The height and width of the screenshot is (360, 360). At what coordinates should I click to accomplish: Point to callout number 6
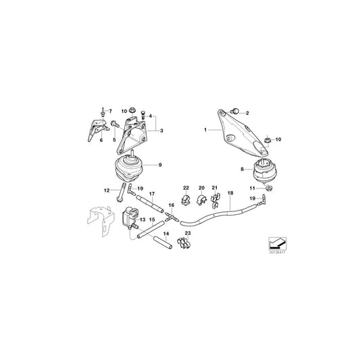tap(101, 140)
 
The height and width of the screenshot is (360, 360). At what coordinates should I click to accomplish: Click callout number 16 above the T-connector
tap(171, 205)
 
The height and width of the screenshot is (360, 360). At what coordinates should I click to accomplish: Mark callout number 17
tap(151, 194)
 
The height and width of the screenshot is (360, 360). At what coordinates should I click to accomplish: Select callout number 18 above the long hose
tap(230, 194)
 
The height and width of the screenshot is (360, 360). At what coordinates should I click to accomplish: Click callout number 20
tap(201, 187)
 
